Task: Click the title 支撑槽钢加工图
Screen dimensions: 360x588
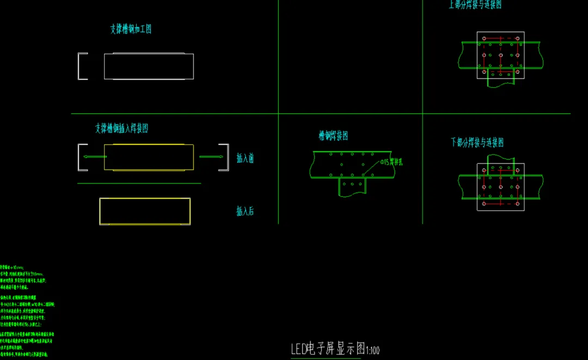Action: coord(131,29)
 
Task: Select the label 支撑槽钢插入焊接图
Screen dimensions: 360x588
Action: coord(121,129)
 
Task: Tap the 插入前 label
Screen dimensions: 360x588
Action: coord(245,158)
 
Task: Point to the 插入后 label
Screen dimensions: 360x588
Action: coord(245,211)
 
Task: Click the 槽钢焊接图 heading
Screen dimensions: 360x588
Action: coord(333,136)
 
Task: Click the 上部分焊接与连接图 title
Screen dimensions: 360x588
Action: coord(475,4)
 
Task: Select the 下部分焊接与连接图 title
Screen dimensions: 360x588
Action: coord(477,143)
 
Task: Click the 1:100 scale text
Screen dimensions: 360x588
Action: coord(373,350)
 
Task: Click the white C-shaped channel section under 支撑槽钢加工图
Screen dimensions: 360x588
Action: coord(82,66)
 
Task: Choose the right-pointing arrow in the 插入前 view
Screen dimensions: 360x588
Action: coord(211,157)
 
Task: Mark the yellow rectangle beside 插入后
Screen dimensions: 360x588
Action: coord(145,211)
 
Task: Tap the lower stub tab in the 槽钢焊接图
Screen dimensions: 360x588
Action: coord(352,187)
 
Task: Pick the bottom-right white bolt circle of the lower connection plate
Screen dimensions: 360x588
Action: coord(517,203)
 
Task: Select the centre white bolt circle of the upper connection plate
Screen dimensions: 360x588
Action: coord(500,56)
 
